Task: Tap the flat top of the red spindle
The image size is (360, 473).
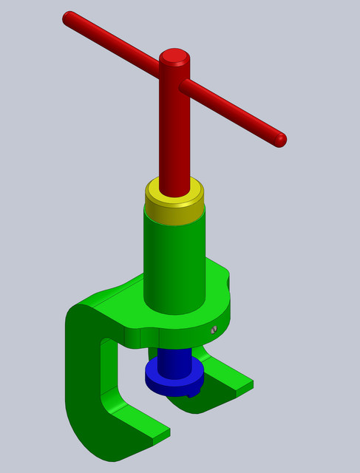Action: click(x=174, y=55)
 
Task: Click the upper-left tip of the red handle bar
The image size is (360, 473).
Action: click(x=69, y=17)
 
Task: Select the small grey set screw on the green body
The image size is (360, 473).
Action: click(x=213, y=330)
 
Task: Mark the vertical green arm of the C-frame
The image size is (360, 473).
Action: click(x=81, y=370)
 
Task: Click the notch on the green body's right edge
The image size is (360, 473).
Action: click(x=228, y=280)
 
